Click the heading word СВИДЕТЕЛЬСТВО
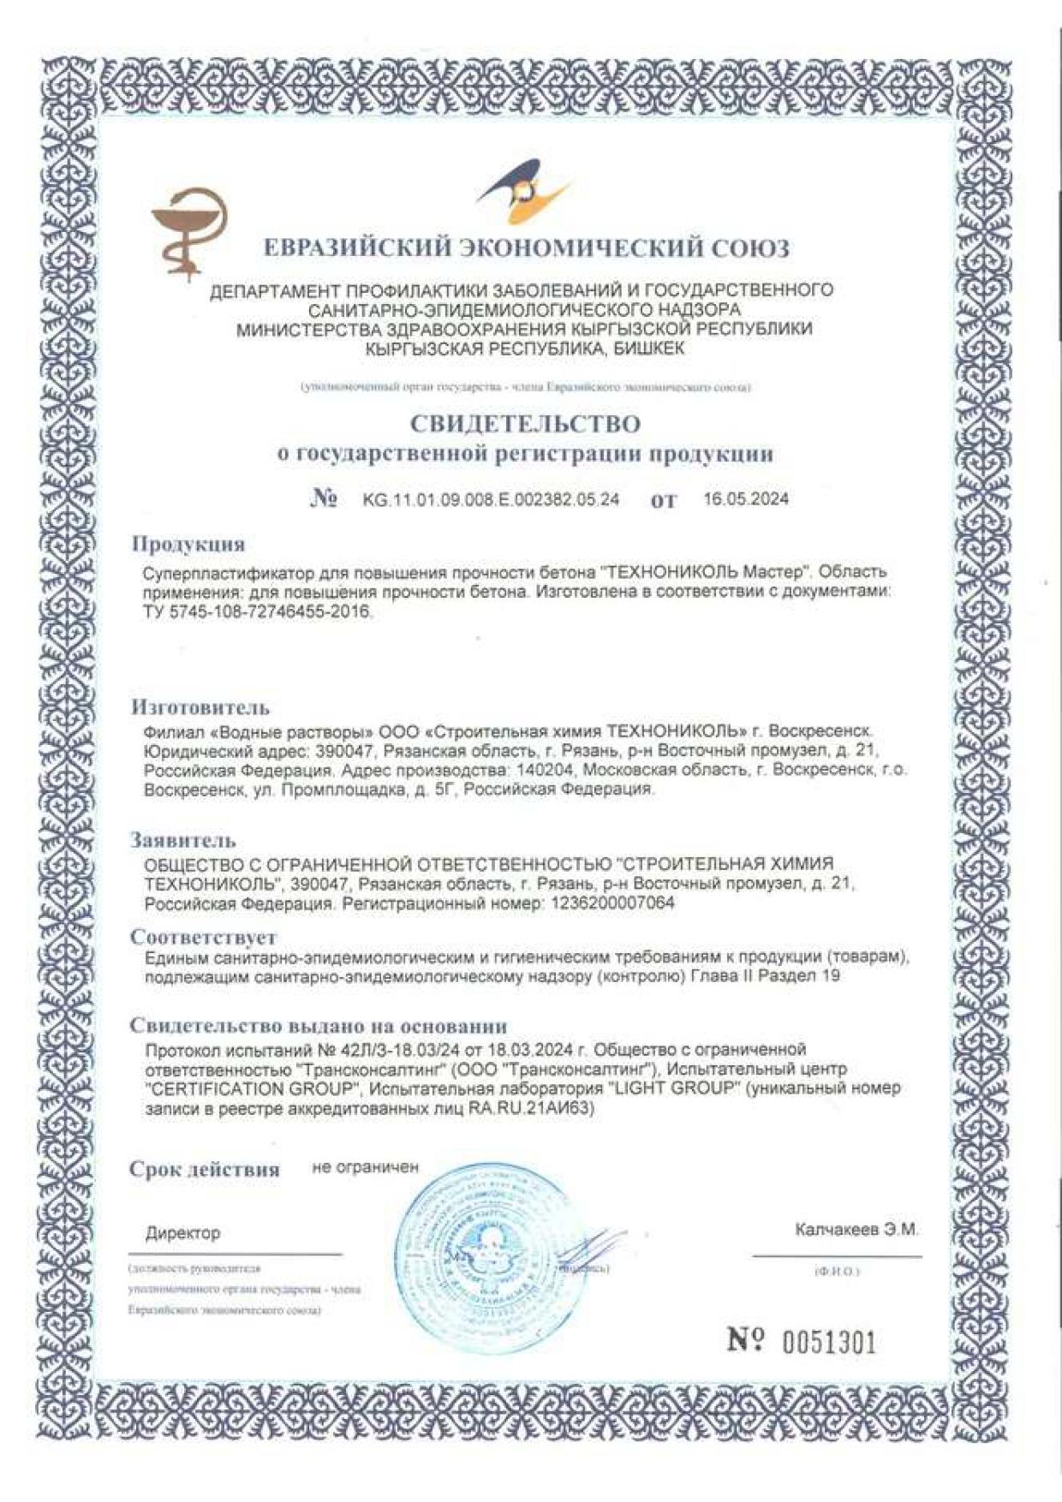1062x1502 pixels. (x=525, y=424)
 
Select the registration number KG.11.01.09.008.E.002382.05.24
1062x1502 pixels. (x=491, y=500)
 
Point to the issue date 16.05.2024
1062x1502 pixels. (x=745, y=499)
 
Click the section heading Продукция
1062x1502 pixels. (x=188, y=545)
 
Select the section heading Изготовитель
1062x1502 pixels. (x=200, y=707)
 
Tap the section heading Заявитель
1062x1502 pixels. (x=182, y=839)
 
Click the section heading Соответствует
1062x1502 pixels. (x=203, y=937)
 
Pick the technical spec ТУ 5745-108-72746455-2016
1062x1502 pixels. (x=260, y=612)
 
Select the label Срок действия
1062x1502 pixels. (x=205, y=1170)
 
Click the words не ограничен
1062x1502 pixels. (x=366, y=1167)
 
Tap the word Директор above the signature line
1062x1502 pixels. (x=182, y=1233)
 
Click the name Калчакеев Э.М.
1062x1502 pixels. (x=856, y=1230)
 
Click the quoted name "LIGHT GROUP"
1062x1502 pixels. (x=672, y=1089)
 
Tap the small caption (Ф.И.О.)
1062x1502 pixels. (x=836, y=1273)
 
